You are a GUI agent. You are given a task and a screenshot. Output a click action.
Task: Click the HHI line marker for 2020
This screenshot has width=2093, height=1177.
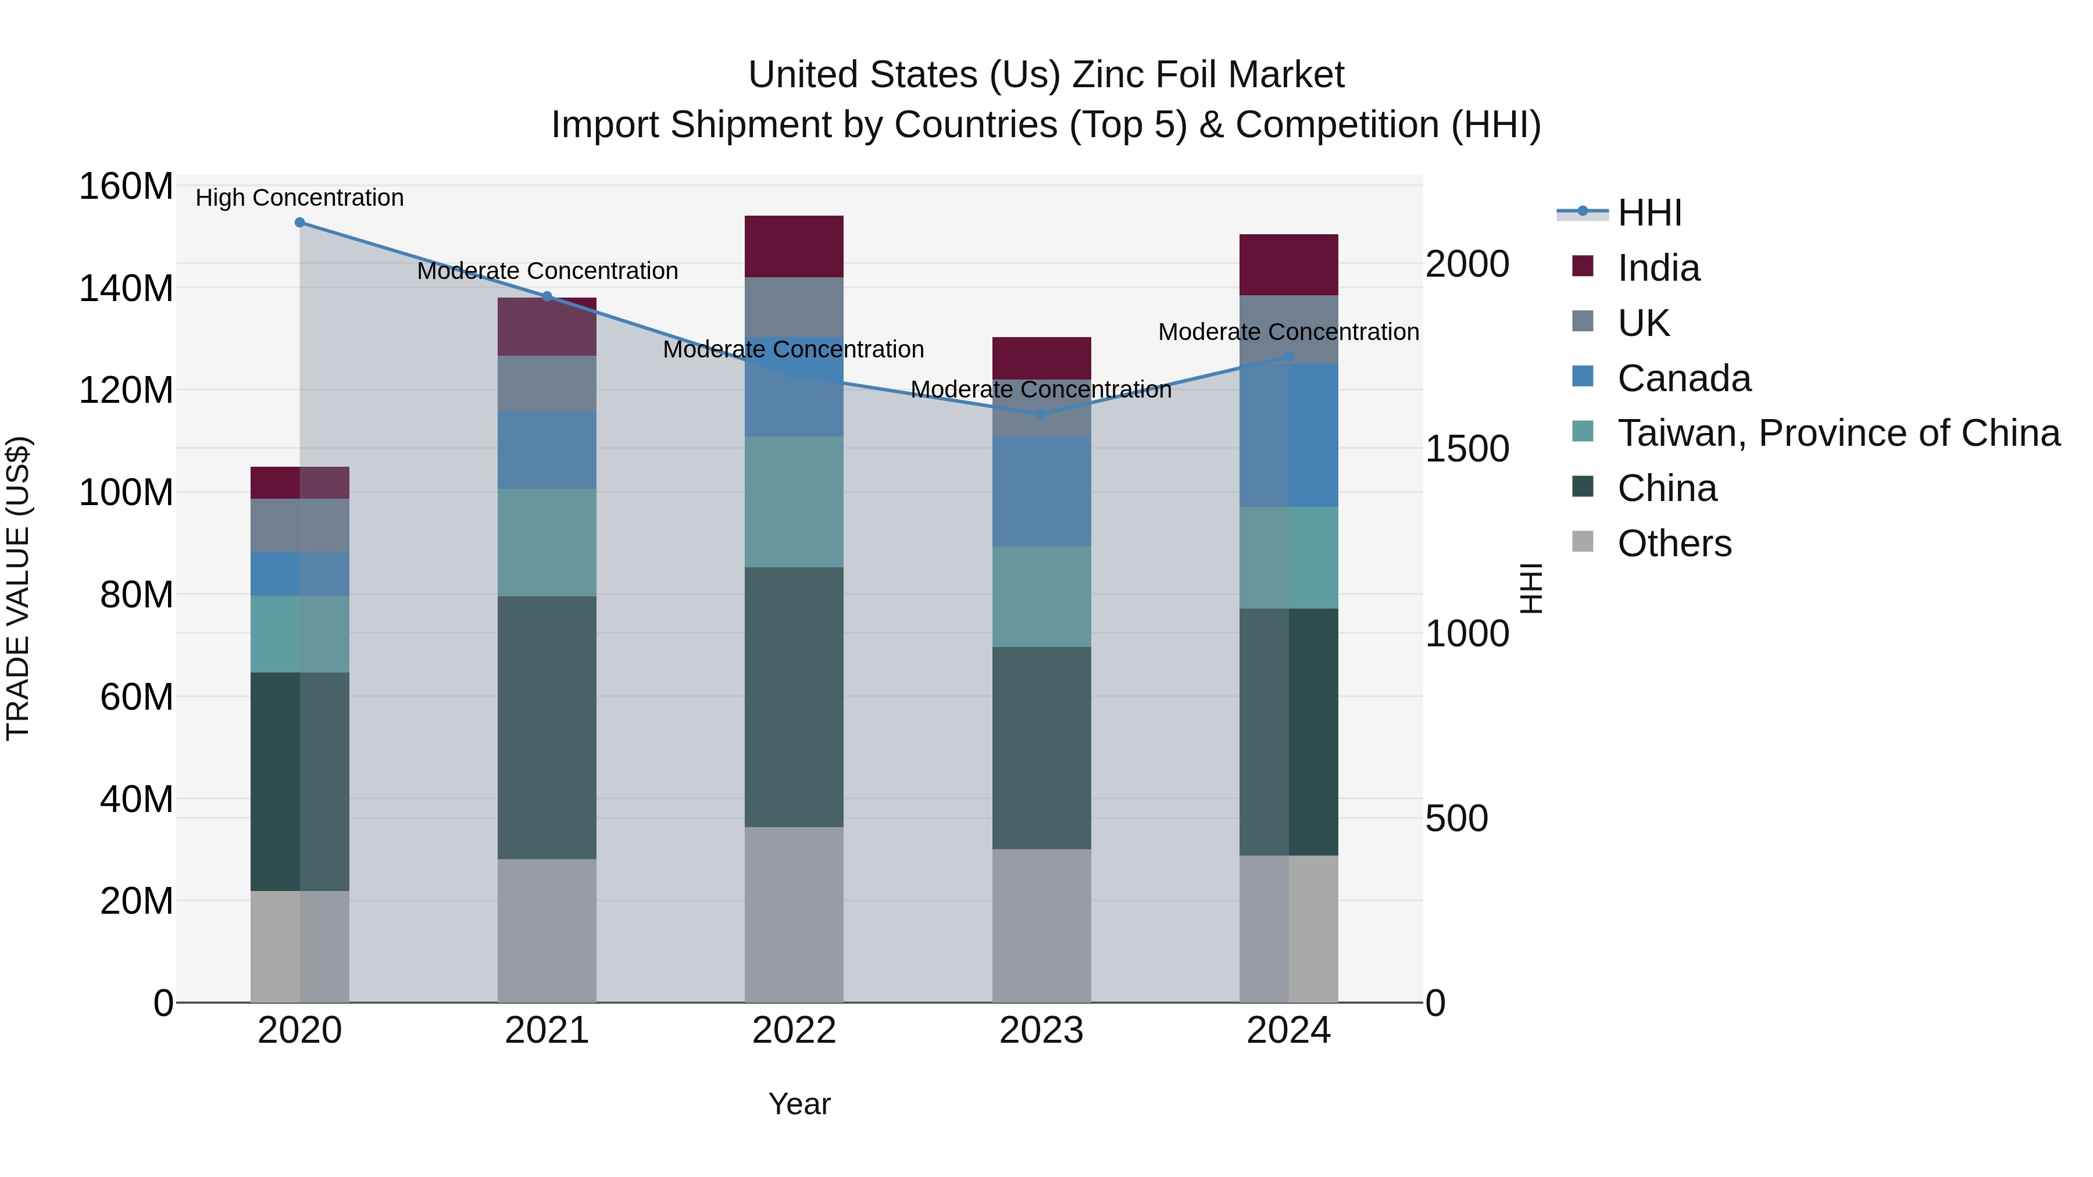tap(300, 223)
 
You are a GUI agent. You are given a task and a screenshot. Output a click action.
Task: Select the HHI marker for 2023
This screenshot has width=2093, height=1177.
tap(1042, 414)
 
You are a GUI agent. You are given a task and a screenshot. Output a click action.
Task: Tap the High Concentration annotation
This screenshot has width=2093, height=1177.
tap(300, 198)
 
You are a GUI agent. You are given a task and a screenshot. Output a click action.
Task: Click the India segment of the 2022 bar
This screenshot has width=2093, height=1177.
tap(794, 246)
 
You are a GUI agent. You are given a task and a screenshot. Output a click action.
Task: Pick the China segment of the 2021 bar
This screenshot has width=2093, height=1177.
tap(547, 727)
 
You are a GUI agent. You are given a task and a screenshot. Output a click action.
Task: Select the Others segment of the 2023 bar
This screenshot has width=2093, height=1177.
tap(1042, 925)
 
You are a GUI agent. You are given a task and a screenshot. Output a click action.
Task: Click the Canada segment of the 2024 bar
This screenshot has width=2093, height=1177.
tap(1288, 435)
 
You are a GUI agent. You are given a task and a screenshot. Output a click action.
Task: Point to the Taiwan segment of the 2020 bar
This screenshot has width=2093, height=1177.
tap(300, 634)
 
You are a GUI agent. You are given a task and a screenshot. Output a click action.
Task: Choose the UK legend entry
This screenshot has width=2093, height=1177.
tap(1643, 323)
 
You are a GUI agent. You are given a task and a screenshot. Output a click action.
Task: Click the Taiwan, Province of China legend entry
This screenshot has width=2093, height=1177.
tap(1838, 433)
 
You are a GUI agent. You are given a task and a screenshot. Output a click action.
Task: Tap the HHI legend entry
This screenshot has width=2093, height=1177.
tap(1649, 213)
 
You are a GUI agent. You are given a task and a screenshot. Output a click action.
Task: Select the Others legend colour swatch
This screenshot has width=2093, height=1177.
tap(1583, 542)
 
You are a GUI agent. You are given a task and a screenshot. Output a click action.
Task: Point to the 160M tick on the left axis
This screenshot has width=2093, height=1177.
tap(126, 187)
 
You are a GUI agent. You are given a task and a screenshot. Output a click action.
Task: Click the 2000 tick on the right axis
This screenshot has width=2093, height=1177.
tap(1467, 264)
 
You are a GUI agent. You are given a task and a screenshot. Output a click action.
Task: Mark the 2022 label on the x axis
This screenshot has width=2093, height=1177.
tap(794, 1031)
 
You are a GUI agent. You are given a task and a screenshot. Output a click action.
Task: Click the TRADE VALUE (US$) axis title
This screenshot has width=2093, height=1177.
tap(18, 588)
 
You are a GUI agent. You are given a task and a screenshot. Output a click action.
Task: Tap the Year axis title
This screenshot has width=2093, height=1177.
tap(799, 1104)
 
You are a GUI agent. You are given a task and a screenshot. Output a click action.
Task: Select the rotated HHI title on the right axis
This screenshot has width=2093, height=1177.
tap(1531, 588)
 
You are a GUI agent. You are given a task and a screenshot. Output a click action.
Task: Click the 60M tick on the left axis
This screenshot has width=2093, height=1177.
tap(137, 697)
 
